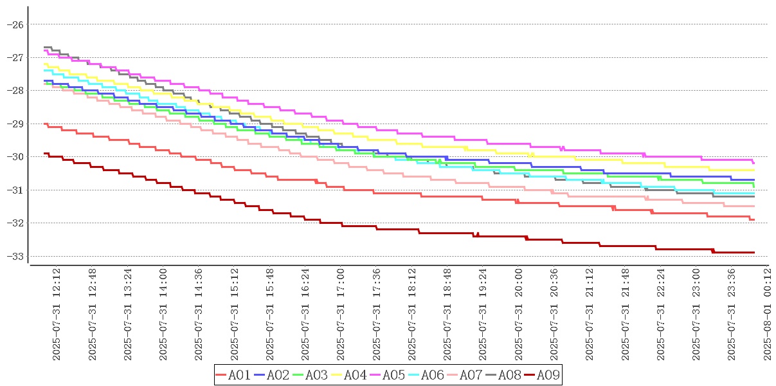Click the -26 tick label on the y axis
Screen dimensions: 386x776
coord(14,24)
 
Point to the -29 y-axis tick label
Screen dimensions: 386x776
coord(14,124)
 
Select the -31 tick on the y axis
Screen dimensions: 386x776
coord(14,190)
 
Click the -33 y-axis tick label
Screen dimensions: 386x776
coord(14,256)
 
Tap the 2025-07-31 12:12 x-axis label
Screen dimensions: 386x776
coord(57,315)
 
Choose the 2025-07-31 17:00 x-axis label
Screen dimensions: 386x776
coord(341,315)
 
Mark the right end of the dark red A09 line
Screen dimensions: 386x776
coord(753,252)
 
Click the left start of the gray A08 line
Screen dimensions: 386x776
coord(44,47)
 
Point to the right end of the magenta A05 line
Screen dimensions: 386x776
coord(753,163)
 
